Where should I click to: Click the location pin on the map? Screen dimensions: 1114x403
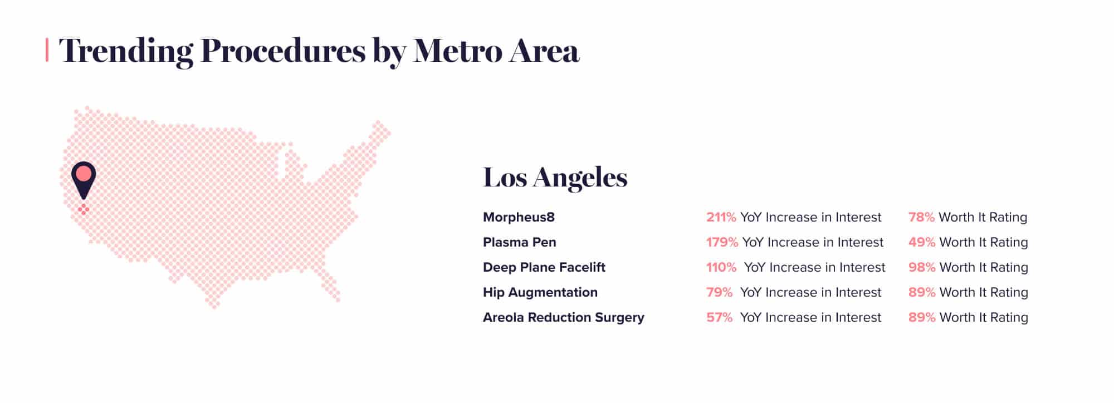84,179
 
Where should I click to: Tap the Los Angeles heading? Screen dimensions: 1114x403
555,178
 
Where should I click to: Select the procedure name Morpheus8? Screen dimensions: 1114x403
519,217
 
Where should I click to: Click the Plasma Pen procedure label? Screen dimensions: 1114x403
520,242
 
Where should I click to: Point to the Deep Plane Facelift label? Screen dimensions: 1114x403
544,267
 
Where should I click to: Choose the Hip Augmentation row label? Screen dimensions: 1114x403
540,292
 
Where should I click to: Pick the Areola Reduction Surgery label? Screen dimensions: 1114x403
564,317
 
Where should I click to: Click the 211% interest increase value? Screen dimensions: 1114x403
721,217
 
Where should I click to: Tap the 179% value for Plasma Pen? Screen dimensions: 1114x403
722,242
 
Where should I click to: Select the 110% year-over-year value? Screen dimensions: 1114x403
721,267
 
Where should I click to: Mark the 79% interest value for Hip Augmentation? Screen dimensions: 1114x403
719,292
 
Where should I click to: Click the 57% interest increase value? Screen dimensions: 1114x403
719,317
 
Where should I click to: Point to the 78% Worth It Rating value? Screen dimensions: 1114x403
921,217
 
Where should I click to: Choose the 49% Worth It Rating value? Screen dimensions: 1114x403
922,242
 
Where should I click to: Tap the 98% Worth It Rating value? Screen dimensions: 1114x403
922,267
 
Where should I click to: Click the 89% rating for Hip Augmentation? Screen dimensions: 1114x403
922,292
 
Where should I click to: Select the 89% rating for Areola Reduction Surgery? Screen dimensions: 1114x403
922,317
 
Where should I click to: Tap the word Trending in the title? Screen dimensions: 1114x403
126,52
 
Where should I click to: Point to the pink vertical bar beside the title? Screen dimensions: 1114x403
47,50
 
